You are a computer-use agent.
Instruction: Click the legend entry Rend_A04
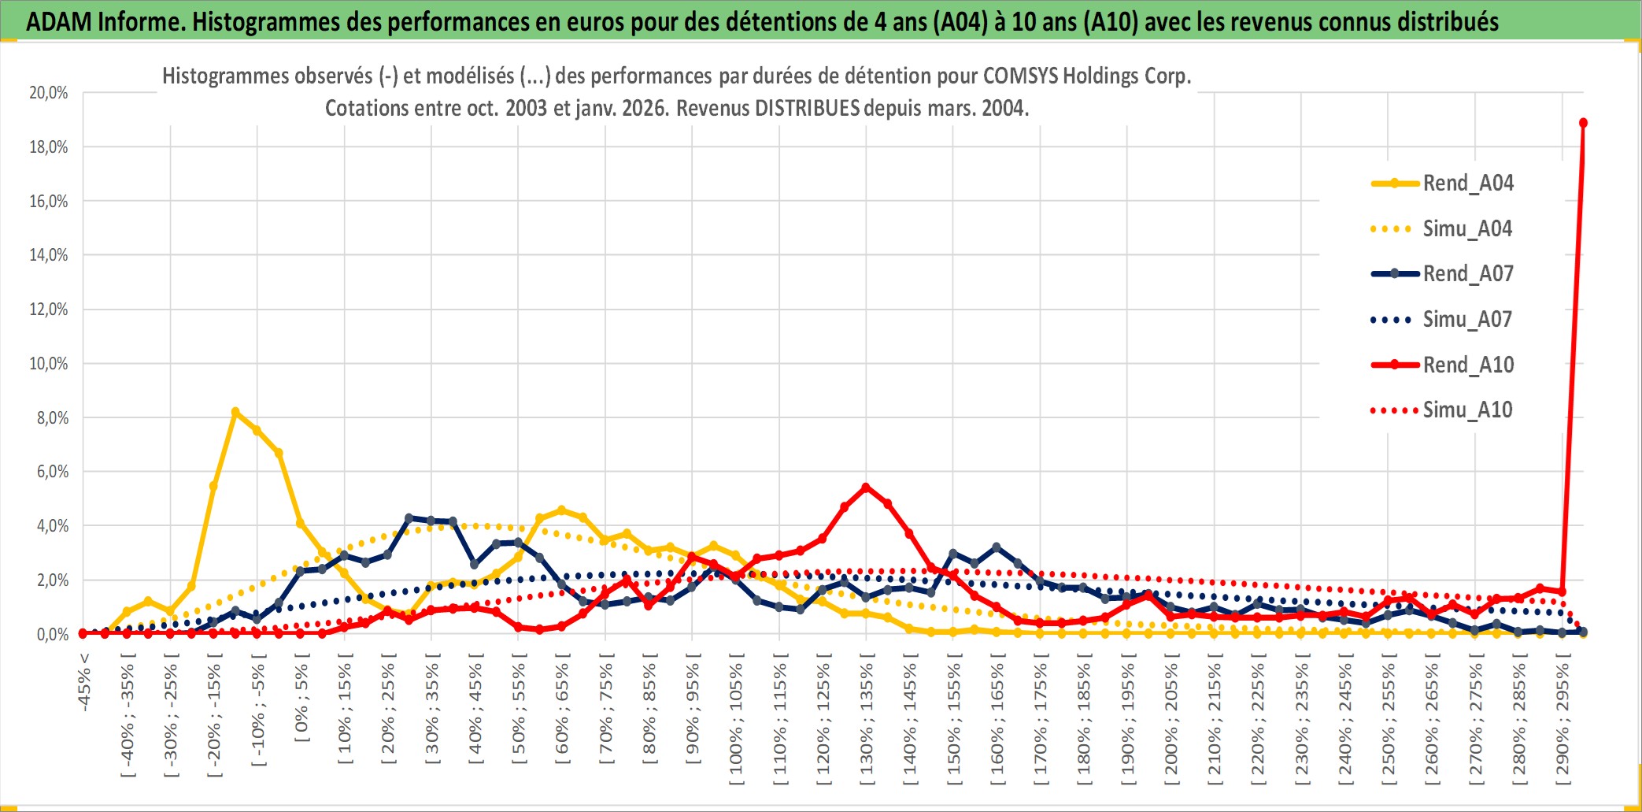click(x=1467, y=184)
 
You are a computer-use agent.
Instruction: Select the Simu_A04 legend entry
click(x=1467, y=229)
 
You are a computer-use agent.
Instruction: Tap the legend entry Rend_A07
click(x=1467, y=274)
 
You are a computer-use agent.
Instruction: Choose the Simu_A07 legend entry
click(x=1467, y=320)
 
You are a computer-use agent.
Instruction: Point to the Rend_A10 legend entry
click(x=1467, y=365)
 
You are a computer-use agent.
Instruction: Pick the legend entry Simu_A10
click(x=1467, y=410)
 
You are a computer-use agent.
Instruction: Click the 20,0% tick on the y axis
click(x=49, y=93)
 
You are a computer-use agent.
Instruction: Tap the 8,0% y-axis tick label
click(x=52, y=418)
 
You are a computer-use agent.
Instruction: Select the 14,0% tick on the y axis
click(x=49, y=255)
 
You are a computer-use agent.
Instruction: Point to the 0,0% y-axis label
click(x=52, y=635)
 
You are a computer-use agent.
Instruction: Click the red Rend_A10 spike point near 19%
click(x=1583, y=123)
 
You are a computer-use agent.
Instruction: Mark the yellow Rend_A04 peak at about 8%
click(x=235, y=412)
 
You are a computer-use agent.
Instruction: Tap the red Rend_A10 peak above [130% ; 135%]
click(x=866, y=488)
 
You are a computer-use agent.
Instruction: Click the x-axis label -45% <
click(x=84, y=682)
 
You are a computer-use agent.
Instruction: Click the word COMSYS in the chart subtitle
click(x=1020, y=76)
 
